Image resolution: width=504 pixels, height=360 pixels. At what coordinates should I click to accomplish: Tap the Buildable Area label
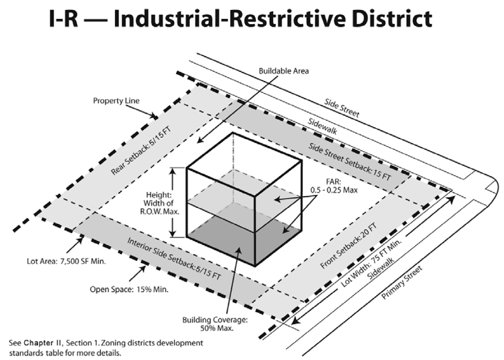click(x=283, y=72)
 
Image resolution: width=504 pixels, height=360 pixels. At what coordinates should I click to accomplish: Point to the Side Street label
click(x=343, y=109)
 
